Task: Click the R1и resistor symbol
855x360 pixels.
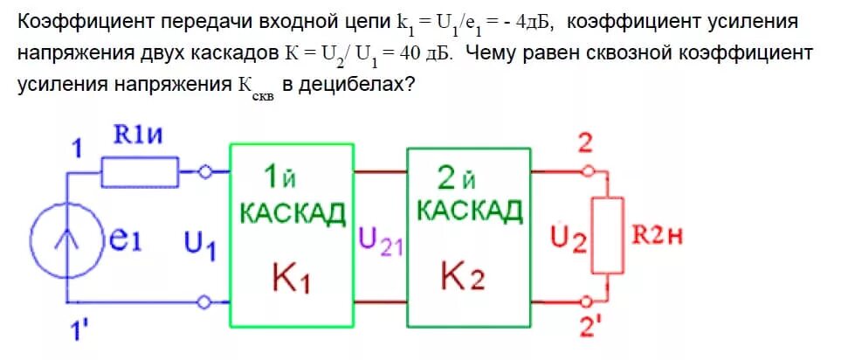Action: click(140, 172)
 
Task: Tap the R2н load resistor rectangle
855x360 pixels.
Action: click(609, 235)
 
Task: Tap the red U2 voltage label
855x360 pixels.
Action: click(569, 238)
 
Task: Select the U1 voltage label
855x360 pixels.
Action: click(199, 245)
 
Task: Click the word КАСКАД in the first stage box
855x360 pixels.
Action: click(292, 212)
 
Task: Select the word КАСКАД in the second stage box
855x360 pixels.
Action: click(469, 211)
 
